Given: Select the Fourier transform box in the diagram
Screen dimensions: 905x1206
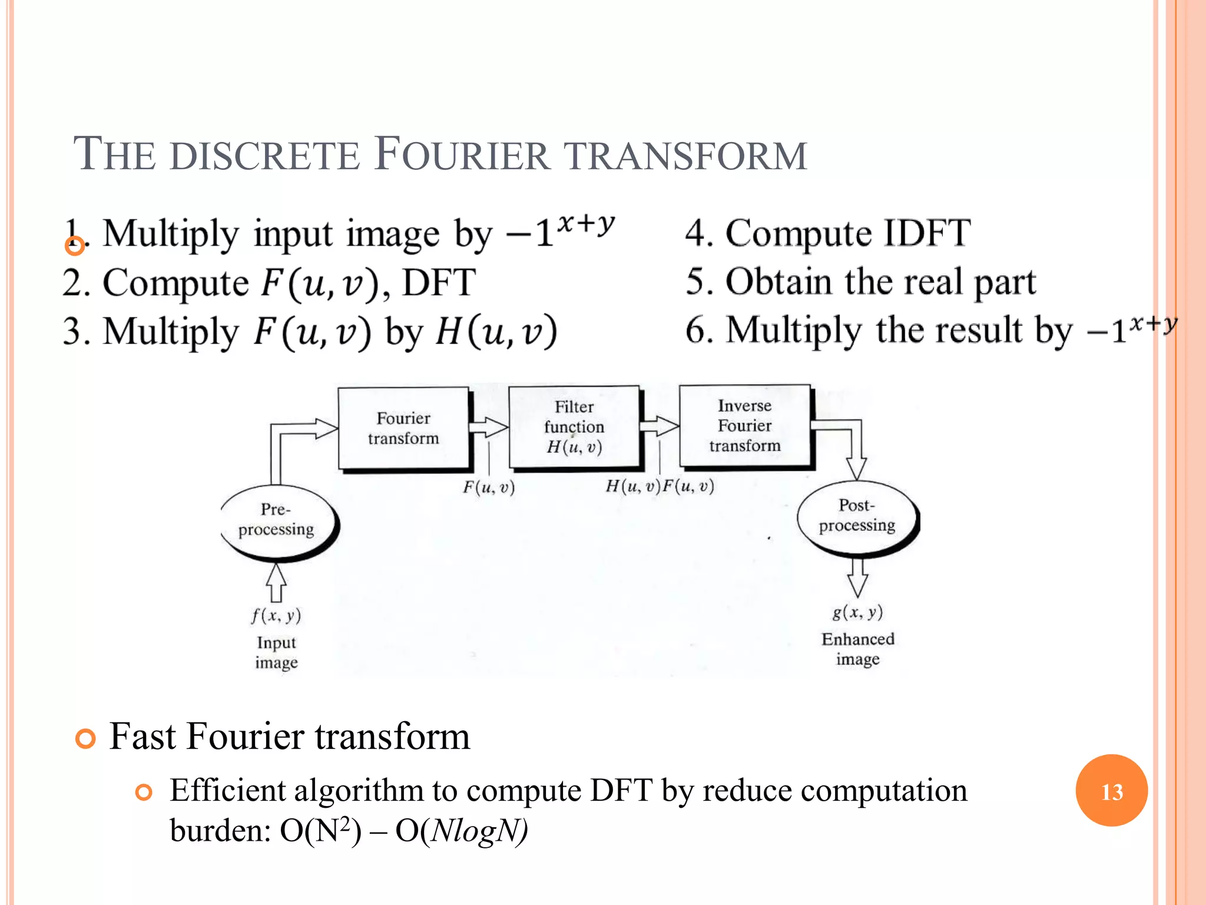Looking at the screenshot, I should pos(403,428).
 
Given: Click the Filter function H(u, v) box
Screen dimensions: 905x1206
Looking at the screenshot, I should pos(574,427).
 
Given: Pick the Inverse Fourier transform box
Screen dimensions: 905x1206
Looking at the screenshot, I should pos(745,426).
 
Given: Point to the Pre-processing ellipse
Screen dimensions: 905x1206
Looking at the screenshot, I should pos(276,520).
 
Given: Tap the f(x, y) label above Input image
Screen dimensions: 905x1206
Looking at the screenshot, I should pos(276,616).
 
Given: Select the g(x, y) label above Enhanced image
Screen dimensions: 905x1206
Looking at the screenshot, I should pos(857,612).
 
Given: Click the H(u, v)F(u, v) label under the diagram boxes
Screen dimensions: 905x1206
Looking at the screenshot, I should pos(660,487).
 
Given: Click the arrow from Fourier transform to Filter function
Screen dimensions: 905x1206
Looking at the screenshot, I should pos(489,427).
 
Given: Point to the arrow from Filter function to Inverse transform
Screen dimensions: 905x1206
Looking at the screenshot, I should pos(660,425).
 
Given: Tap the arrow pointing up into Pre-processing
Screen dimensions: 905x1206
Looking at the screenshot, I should pos(276,582).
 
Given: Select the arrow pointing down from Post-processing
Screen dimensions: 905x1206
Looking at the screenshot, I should pos(858,577).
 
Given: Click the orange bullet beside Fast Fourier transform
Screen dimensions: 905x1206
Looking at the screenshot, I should pos(86,738).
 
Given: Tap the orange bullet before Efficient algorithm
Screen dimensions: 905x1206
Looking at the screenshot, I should pos(144,792).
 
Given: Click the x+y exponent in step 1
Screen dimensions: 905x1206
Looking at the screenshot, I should pos(586,224).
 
